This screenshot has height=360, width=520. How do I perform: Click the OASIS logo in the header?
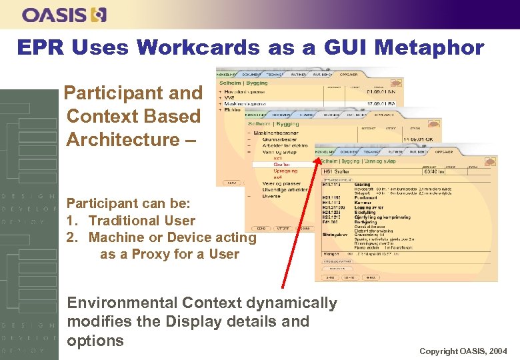(x=64, y=14)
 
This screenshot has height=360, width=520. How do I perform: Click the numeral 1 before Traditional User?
(x=70, y=221)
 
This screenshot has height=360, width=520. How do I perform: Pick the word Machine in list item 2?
(x=117, y=237)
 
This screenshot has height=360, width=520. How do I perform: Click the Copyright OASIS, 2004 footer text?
(x=463, y=351)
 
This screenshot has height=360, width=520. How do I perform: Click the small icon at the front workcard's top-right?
(x=488, y=161)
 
